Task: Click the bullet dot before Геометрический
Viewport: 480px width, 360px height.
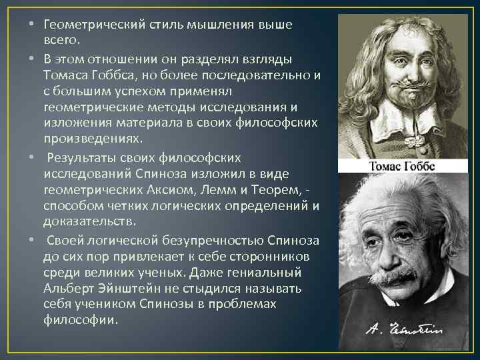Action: point(33,25)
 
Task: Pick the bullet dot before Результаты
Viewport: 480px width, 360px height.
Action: point(33,157)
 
